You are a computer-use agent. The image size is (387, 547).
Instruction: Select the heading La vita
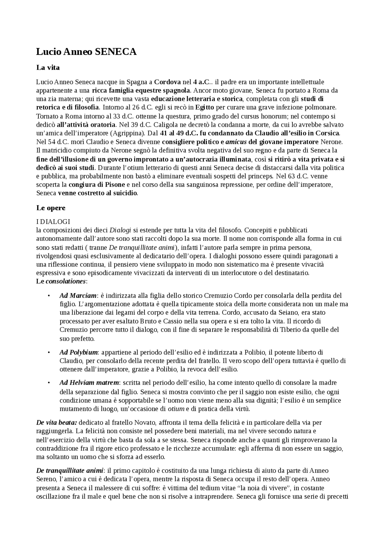click(x=48, y=68)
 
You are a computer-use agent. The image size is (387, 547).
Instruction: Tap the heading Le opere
click(x=51, y=208)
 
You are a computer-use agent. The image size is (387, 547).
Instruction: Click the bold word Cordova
click(x=167, y=82)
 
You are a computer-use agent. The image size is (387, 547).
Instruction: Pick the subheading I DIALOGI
click(x=53, y=221)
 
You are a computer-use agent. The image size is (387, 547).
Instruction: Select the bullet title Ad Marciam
click(x=78, y=295)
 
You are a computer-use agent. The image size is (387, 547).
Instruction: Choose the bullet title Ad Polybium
click(x=79, y=352)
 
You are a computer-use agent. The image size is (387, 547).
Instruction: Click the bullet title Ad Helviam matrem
click(x=89, y=383)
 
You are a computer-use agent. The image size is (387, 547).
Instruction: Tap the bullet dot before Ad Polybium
click(x=48, y=352)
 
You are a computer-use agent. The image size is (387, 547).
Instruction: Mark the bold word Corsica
click(x=327, y=133)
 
